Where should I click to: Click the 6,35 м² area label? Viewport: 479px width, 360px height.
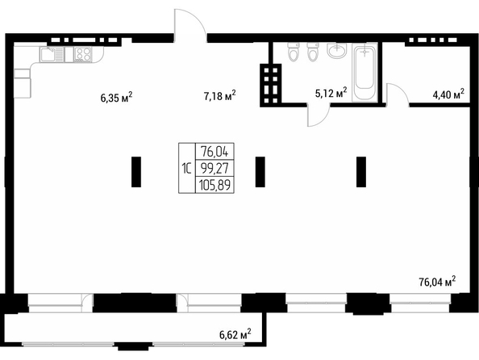(116, 98)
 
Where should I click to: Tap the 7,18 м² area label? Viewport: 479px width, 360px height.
(219, 96)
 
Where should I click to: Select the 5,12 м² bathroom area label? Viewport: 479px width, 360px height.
(331, 93)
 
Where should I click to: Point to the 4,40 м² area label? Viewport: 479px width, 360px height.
(448, 94)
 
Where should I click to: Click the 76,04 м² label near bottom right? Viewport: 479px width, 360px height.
(437, 282)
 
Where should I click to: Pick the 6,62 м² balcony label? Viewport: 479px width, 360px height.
(235, 334)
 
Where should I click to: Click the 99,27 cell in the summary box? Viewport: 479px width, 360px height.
(215, 168)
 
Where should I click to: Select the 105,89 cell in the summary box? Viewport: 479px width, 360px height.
(215, 185)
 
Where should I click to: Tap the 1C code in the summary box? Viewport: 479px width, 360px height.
(186, 168)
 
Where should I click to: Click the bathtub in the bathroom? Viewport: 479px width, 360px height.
(364, 72)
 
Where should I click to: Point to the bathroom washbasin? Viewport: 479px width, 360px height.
(337, 50)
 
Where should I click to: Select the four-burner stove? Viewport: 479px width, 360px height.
(83, 55)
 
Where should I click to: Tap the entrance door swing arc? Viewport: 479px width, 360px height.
(195, 16)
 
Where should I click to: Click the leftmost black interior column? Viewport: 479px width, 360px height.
(136, 172)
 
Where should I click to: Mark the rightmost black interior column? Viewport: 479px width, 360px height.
(361, 172)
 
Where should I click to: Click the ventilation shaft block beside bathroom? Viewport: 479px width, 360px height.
(271, 86)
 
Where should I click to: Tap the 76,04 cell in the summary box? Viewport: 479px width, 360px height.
(215, 151)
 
